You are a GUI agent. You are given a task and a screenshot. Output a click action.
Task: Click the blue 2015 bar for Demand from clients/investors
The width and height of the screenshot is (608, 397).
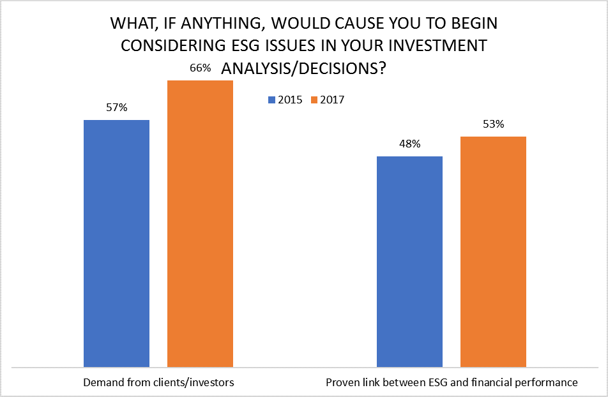click(x=116, y=243)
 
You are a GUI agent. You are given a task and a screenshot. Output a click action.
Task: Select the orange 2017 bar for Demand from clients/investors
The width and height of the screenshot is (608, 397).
click(x=200, y=223)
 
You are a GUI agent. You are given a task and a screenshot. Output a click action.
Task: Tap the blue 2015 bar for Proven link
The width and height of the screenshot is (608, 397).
click(x=409, y=262)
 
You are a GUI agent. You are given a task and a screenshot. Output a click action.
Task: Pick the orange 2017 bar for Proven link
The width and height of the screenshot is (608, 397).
click(x=493, y=251)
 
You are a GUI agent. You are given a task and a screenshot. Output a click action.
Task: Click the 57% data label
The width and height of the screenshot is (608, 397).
click(x=117, y=108)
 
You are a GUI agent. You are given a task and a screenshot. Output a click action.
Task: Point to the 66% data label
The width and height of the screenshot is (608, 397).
click(x=200, y=68)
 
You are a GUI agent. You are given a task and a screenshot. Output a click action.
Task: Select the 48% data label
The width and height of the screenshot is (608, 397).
click(x=409, y=144)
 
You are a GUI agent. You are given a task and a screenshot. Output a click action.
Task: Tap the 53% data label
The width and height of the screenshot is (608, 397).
click(x=493, y=124)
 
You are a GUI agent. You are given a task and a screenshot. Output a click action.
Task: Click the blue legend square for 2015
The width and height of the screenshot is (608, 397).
click(x=271, y=100)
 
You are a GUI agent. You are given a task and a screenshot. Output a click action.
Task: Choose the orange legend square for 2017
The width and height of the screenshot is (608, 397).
click(x=313, y=100)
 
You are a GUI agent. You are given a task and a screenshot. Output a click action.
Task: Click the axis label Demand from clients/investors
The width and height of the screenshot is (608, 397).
click(x=159, y=383)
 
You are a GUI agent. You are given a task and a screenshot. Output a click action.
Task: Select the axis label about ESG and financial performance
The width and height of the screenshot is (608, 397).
click(x=452, y=383)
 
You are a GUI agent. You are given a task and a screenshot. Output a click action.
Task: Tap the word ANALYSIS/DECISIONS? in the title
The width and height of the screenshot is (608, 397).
click(x=303, y=69)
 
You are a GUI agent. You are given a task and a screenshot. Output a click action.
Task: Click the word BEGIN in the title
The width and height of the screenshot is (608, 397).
click(x=472, y=24)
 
